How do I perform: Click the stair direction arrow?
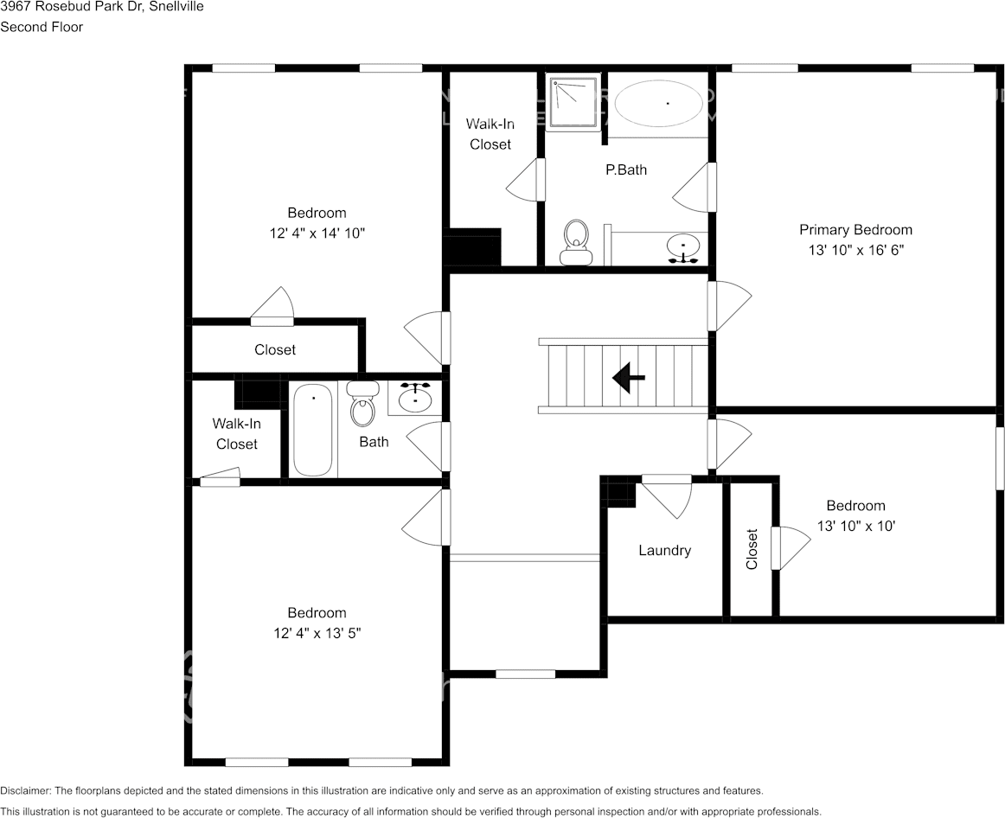coord(629,377)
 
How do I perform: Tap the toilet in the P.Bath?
coord(575,241)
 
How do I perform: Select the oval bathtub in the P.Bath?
coord(658,104)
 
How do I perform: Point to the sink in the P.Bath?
coord(684,247)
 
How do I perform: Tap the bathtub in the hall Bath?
coord(312,431)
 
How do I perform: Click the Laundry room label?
coord(664,550)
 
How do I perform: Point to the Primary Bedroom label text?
coord(855,230)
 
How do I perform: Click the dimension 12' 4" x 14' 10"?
coord(317,233)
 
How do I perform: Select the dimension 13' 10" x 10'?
coord(855,525)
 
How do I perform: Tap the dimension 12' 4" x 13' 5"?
coord(317,632)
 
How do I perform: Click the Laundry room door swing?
coord(669,495)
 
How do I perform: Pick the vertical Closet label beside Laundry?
coord(752,549)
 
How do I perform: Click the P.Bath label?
coord(625,169)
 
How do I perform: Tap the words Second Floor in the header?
coord(42,27)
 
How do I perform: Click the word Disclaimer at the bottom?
coord(25,790)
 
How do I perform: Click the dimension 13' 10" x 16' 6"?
coord(855,250)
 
